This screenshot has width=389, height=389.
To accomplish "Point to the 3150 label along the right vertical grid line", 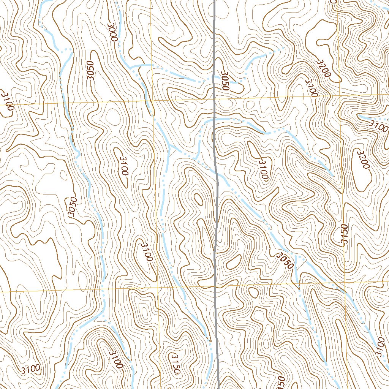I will point(344,236).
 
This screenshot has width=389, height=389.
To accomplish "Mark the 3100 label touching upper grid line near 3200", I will point(310,88).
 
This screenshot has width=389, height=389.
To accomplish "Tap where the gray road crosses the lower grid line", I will point(215,285).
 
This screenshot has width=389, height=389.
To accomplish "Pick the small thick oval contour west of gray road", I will point(198,198).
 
